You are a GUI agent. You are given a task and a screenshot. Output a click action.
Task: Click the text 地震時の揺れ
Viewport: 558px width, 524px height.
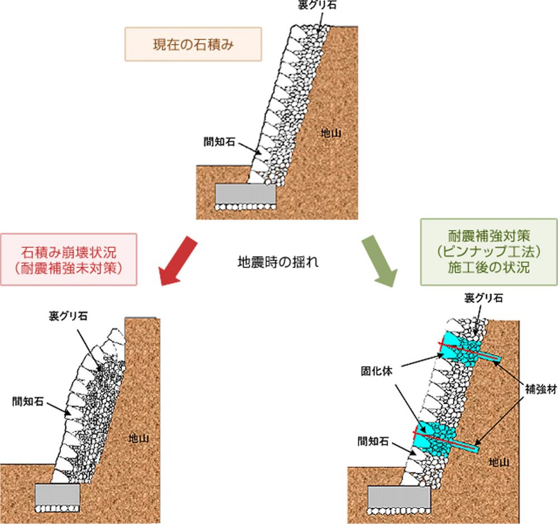278,261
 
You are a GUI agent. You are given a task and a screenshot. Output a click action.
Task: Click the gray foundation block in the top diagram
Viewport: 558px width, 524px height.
246,193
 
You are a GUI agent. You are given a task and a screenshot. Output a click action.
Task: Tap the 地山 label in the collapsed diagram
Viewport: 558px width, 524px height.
138,439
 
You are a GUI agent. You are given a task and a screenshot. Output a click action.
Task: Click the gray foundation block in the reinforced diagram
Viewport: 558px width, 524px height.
398,495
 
